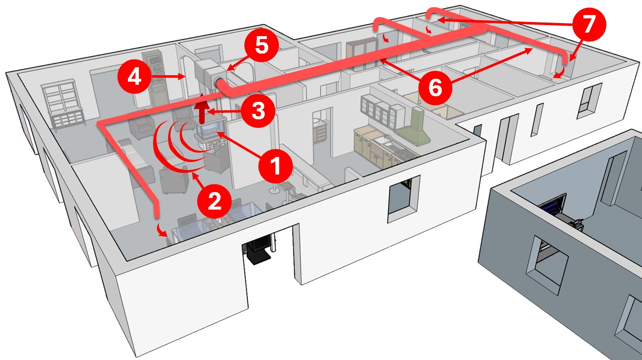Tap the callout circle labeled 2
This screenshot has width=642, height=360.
(x=215, y=201)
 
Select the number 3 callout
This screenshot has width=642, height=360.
(x=258, y=111)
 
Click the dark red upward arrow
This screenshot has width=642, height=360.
(x=202, y=111)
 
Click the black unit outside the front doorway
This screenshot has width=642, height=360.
(x=257, y=250)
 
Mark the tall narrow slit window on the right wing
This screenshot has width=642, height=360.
(x=538, y=119)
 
